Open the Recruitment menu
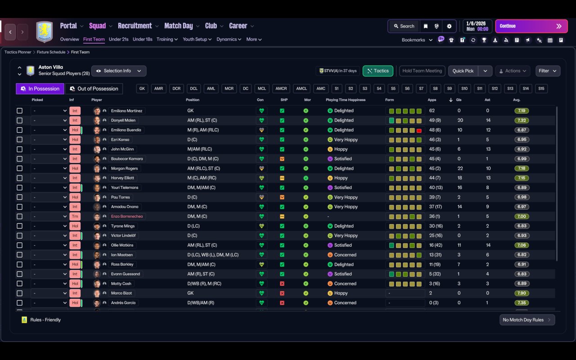[x=135, y=26]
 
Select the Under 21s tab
[x=119, y=39]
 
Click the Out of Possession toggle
[x=94, y=89]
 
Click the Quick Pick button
[x=463, y=71]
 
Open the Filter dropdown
[x=548, y=71]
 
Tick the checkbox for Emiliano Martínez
[x=19, y=111]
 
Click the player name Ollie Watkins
[x=122, y=245]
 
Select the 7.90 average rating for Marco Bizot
[x=522, y=293]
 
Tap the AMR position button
[x=158, y=89]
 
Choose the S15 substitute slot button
[x=541, y=89]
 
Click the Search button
[x=404, y=26]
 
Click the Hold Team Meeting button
[x=422, y=71]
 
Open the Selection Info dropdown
[x=119, y=71]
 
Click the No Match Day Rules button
[x=527, y=320]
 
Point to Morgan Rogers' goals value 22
[x=460, y=168]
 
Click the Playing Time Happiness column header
[x=346, y=100]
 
